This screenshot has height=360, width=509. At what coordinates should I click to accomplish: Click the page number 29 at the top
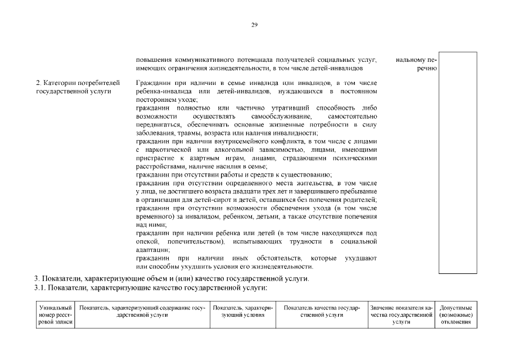pyautogui.click(x=254, y=25)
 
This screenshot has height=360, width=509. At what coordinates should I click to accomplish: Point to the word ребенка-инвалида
pyautogui.click(x=164, y=91)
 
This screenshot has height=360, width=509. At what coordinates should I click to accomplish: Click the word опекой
pyautogui.click(x=147, y=241)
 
